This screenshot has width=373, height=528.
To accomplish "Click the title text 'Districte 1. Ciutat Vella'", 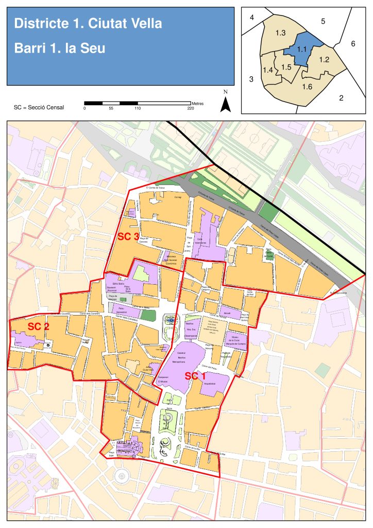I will point(88,23).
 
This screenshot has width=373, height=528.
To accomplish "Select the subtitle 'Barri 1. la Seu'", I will point(60,48).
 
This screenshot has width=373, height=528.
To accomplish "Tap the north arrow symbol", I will point(225,104).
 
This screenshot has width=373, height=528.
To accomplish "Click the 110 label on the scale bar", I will point(138,108).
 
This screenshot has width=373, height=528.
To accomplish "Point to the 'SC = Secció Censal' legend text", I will point(39,108).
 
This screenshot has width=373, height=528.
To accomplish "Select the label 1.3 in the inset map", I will point(280,33).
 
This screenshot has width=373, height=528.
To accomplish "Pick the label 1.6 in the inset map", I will point(307,86).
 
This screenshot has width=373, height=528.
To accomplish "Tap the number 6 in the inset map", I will point(353,44).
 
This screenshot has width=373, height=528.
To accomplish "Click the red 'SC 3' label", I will point(128,237).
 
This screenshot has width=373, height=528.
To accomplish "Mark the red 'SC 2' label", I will point(39,326).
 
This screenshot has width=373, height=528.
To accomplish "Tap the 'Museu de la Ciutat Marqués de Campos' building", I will point(234,340).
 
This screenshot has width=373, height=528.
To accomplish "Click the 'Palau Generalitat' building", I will point(122,311).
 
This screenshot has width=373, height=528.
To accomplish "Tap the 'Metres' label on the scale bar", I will point(197,104).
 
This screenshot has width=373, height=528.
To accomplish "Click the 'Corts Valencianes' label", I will point(204,240).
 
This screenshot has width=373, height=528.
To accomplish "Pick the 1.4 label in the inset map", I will point(268,70).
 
